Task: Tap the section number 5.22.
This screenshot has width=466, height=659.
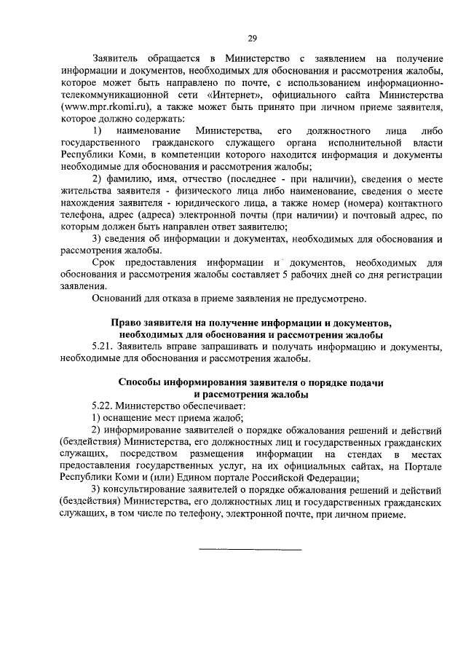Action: click(104, 406)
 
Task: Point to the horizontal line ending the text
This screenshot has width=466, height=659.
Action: click(250, 548)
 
